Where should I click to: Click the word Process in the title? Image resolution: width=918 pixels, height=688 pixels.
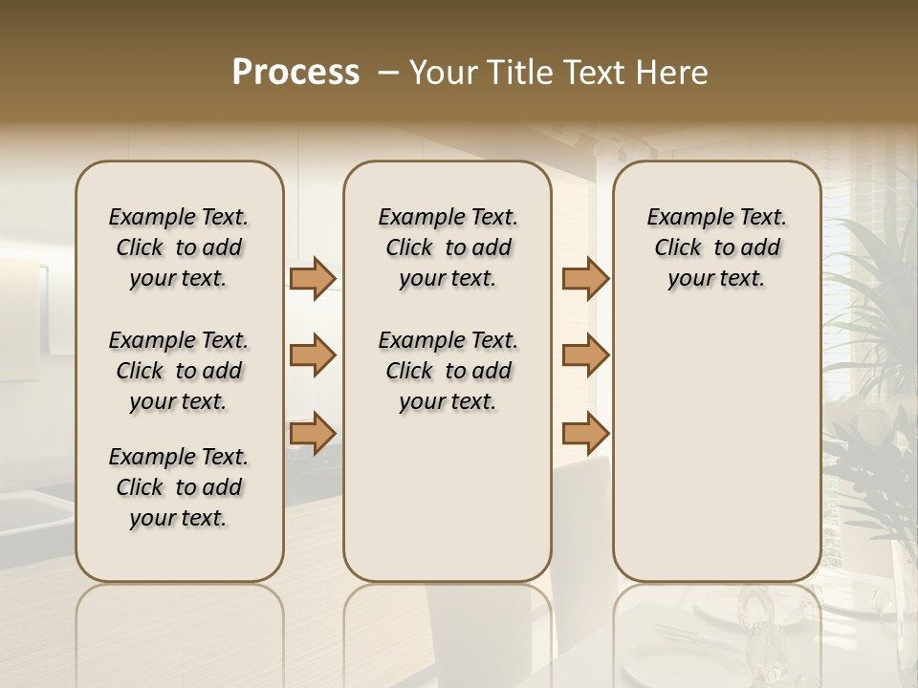[x=295, y=73]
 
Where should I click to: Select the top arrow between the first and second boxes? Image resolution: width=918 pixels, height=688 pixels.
[x=313, y=279]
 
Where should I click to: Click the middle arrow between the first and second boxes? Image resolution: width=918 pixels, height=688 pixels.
[x=313, y=355]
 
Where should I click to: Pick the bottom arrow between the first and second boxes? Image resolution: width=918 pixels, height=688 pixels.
[x=313, y=433]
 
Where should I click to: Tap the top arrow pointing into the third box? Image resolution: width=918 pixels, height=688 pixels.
[x=585, y=279]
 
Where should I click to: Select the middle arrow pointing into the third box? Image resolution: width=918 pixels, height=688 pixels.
[x=585, y=355]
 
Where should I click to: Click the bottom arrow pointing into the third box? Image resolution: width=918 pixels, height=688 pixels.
[x=585, y=433]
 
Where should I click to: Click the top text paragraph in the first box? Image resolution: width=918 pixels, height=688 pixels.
[x=179, y=247]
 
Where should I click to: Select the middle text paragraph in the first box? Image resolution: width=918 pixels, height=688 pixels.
[x=179, y=371]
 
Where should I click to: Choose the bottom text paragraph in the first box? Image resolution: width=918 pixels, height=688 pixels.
[x=179, y=487]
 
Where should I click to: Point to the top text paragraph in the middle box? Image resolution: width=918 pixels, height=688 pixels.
[x=448, y=247]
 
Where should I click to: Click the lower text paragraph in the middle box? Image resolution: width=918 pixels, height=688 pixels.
[x=448, y=371]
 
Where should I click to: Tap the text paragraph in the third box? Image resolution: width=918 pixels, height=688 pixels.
[x=717, y=247]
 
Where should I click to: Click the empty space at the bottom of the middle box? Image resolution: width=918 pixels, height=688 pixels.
[x=448, y=506]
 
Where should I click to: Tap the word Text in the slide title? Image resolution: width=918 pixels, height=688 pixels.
[x=590, y=73]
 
